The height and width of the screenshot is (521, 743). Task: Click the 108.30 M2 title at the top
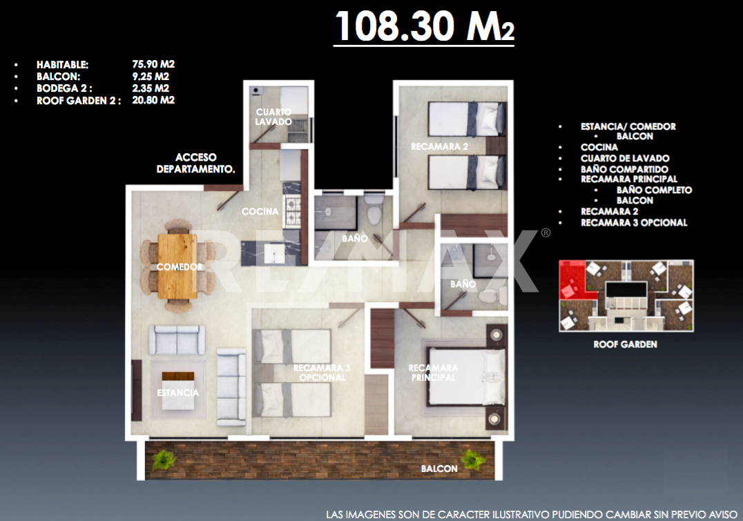(x=424, y=26)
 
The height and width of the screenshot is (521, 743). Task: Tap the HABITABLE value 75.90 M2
(x=153, y=64)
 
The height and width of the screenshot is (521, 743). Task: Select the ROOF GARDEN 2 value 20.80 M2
(x=153, y=100)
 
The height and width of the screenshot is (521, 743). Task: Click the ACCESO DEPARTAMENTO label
(x=195, y=163)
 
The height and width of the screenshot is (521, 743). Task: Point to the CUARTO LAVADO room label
(x=273, y=117)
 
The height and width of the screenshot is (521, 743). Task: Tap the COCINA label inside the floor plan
(x=260, y=211)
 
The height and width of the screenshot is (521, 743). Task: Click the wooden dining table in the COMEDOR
(x=177, y=266)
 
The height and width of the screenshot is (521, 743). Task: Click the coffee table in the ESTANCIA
(x=177, y=391)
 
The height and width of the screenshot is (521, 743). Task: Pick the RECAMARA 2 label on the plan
(x=439, y=147)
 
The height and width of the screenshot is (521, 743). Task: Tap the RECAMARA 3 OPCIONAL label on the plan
(x=322, y=372)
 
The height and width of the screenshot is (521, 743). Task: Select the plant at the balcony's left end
(x=164, y=459)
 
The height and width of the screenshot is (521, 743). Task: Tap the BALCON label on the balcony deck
(x=439, y=469)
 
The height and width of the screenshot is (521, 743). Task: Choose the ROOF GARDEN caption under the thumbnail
(x=625, y=344)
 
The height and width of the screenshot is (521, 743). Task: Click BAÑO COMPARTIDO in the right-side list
(x=624, y=169)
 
